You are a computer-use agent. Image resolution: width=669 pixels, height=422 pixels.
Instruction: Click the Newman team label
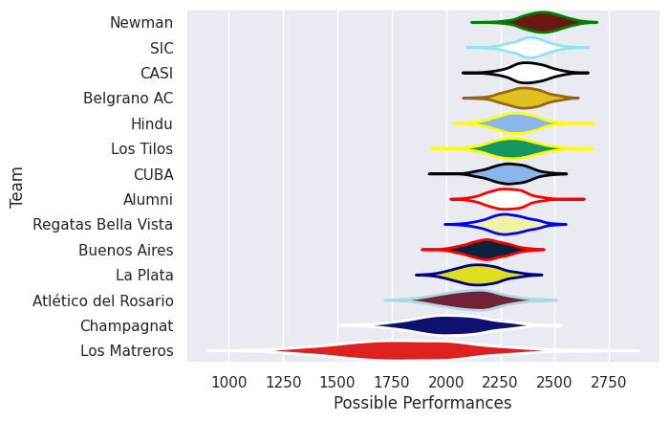tap(141, 22)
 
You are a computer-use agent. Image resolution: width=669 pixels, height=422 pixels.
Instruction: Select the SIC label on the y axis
tap(162, 48)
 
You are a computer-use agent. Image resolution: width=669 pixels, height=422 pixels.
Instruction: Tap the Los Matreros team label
tap(127, 351)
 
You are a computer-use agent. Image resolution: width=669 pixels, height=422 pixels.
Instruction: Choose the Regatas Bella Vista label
tap(103, 225)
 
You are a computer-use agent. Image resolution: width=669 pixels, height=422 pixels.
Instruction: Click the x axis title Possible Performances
tap(422, 404)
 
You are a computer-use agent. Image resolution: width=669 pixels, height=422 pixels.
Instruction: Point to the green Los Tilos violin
tap(511, 148)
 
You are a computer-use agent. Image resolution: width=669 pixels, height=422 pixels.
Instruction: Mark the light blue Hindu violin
tap(511, 123)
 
